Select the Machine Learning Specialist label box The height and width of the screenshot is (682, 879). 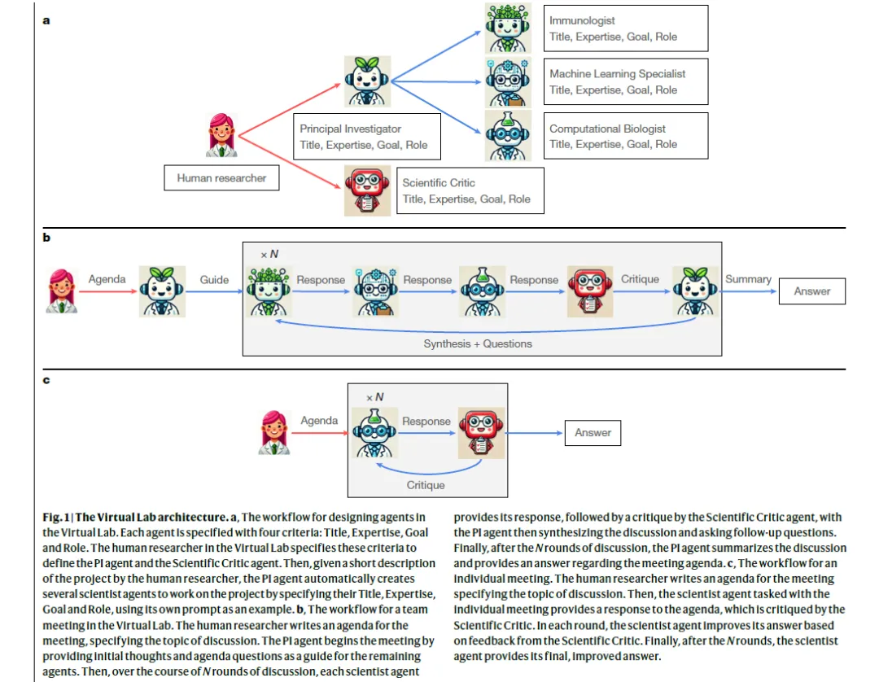click(627, 81)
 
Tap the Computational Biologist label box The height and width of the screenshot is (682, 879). click(627, 136)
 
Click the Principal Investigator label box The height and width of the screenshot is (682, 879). click(366, 137)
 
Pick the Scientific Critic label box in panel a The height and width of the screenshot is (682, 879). click(470, 190)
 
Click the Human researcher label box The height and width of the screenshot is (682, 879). click(221, 177)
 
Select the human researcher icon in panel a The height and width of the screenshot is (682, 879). click(221, 135)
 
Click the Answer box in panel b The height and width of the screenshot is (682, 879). click(811, 291)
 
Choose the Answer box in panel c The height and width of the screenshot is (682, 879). click(593, 432)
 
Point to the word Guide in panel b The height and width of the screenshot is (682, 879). click(214, 279)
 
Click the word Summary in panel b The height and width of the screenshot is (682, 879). click(748, 279)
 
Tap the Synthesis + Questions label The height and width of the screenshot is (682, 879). click(478, 343)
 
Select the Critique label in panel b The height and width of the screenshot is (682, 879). click(640, 279)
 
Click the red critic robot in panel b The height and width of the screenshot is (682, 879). click(587, 291)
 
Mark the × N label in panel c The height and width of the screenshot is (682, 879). click(374, 397)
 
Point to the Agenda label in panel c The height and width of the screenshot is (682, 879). click(319, 421)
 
